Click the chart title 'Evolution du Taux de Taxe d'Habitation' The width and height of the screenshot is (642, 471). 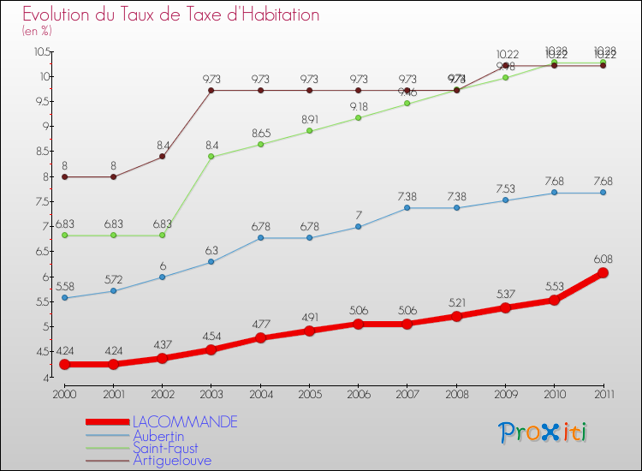[171, 15]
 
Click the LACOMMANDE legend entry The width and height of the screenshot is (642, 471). [184, 422]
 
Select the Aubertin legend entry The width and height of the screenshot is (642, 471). [159, 435]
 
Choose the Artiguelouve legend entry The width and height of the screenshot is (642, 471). [171, 461]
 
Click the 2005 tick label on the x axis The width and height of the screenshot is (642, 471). [309, 393]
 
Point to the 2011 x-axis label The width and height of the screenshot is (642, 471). [603, 393]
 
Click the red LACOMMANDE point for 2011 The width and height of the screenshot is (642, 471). [603, 273]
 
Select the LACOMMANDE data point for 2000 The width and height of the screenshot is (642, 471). [65, 365]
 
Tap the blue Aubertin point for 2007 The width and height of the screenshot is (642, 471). [407, 208]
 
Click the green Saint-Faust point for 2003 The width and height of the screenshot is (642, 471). [211, 157]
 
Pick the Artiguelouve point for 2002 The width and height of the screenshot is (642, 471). [163, 156]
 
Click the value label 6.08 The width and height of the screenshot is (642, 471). [603, 258]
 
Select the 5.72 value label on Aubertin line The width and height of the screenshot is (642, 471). [114, 279]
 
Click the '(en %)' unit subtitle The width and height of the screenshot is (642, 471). [37, 31]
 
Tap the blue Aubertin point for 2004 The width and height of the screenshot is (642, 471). [260, 238]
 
